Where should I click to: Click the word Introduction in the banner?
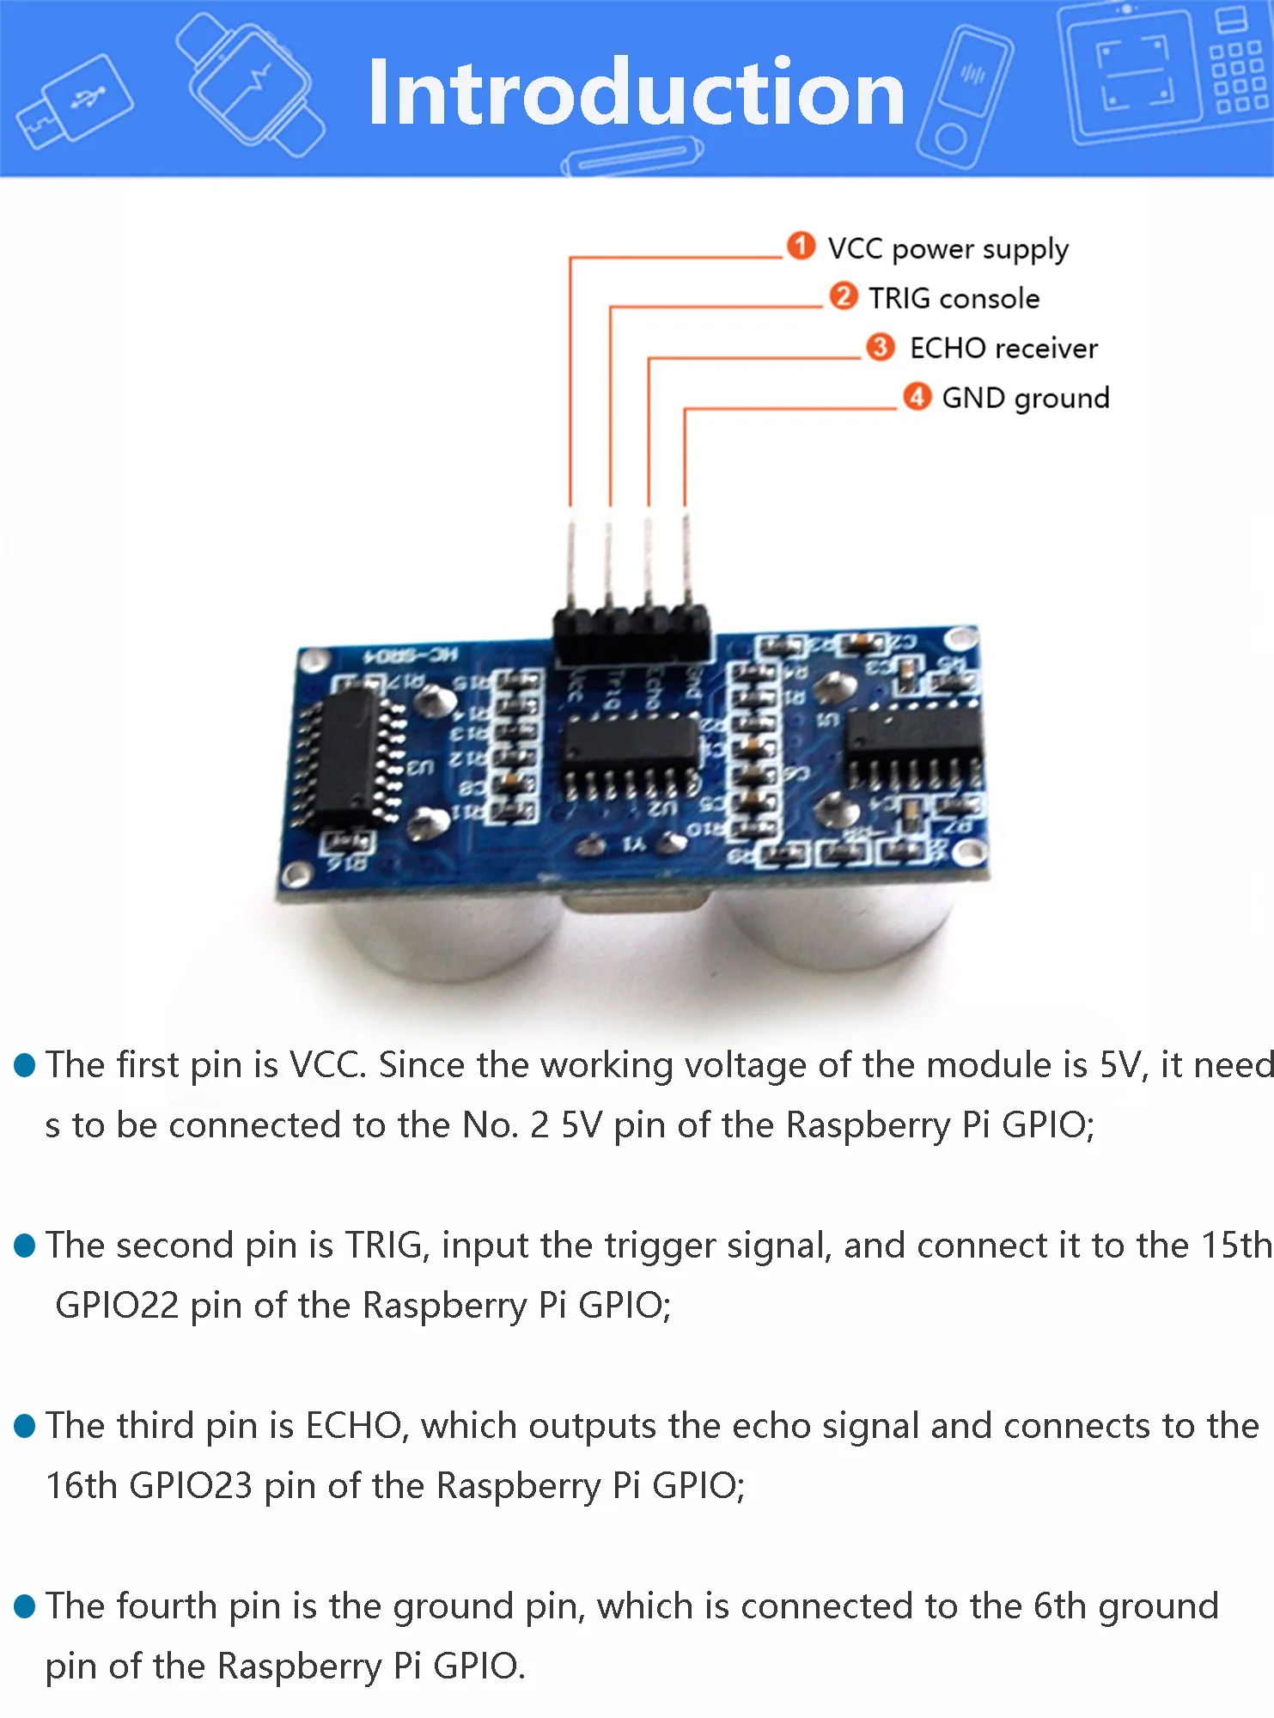click(636, 93)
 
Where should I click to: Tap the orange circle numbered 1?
click(801, 246)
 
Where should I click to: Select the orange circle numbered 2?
click(843, 295)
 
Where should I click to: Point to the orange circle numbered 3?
click(880, 346)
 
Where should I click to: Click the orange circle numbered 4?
click(917, 396)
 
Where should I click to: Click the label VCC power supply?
click(948, 248)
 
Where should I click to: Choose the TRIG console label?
click(954, 298)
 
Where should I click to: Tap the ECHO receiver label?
click(1003, 348)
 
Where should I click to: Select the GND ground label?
click(1026, 398)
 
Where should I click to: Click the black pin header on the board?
click(631, 634)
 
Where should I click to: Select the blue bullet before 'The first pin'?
click(25, 1065)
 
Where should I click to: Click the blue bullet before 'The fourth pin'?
click(25, 1606)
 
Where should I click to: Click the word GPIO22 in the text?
click(117, 1306)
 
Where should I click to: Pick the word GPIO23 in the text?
click(191, 1486)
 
